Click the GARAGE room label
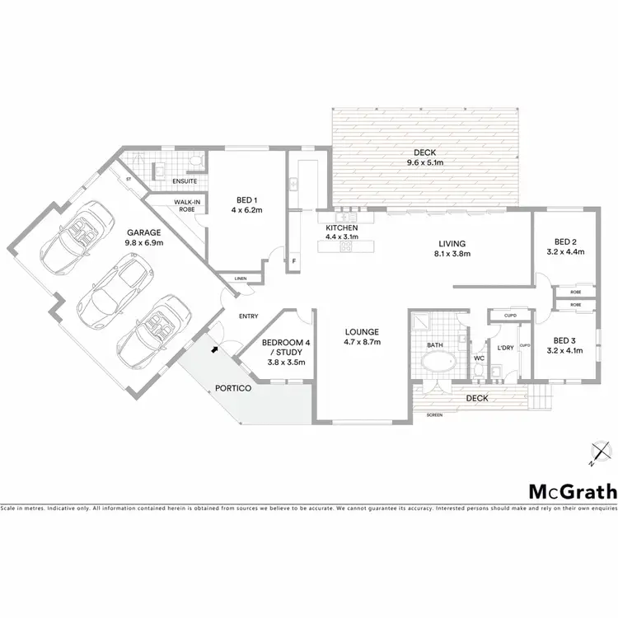tap(143, 232)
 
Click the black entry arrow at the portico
tap(216, 349)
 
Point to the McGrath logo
tap(572, 492)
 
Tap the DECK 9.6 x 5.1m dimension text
tap(425, 163)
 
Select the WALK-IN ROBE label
tap(184, 205)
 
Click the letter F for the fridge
tap(294, 262)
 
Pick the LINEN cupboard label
tap(241, 279)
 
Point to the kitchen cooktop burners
tap(346, 245)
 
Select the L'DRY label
tap(505, 348)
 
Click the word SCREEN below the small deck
tap(434, 415)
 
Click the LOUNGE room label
tap(362, 331)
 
